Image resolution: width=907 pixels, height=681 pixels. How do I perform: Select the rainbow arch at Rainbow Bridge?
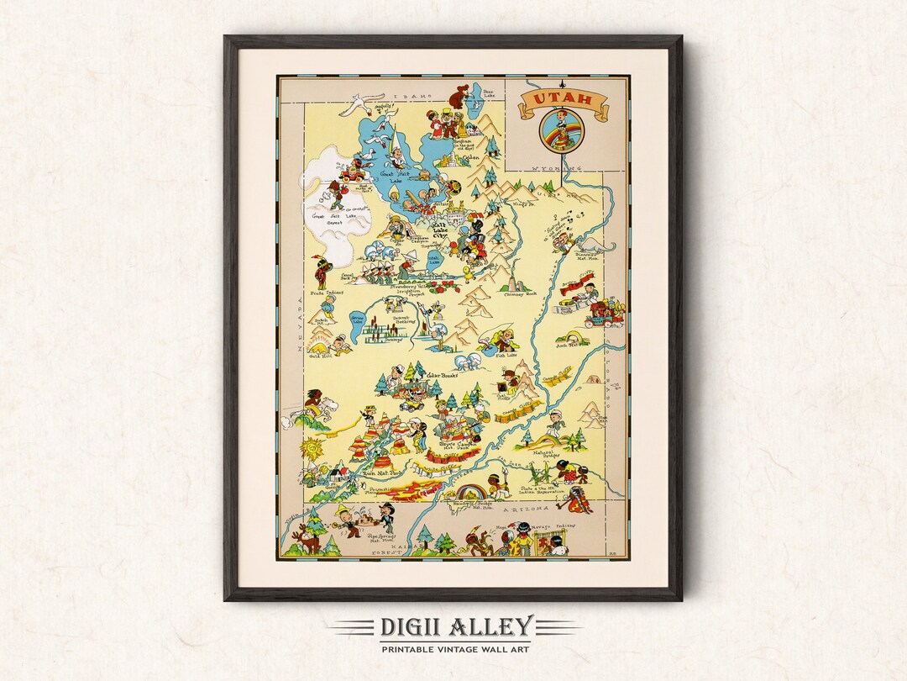pos(470,488)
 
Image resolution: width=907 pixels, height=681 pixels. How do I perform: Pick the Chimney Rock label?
pos(519,293)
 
